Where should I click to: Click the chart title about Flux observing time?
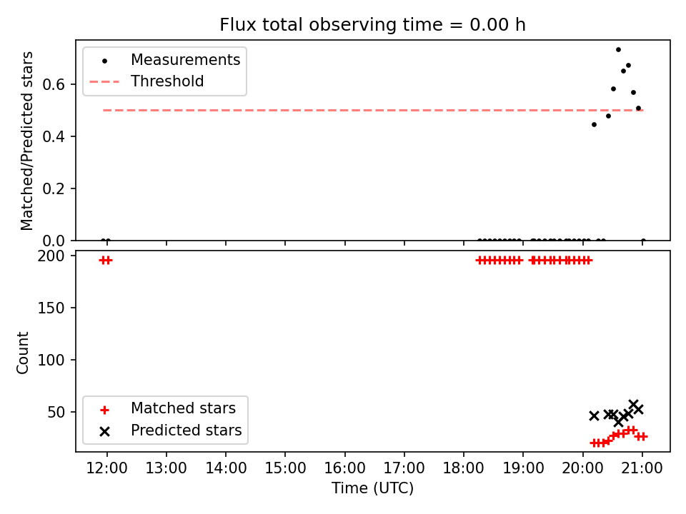[x=372, y=25]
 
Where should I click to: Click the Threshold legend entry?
[x=146, y=81]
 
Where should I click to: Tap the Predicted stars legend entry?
[x=171, y=430]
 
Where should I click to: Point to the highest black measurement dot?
[x=618, y=50]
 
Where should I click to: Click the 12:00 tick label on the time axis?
[x=106, y=468]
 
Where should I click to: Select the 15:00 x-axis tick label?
[x=285, y=468]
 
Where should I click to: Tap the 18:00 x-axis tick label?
[x=464, y=468]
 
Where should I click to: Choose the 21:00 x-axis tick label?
[x=642, y=468]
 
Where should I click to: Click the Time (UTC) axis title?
[x=372, y=488]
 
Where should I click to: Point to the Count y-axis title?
[x=22, y=353]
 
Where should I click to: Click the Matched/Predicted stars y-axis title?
[x=26, y=141]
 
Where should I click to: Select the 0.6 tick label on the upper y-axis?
[x=54, y=84]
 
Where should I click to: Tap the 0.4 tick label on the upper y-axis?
[x=54, y=136]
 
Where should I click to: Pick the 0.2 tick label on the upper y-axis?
[x=54, y=188]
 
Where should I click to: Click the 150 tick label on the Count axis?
[x=51, y=308]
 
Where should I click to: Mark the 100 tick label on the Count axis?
[x=51, y=360]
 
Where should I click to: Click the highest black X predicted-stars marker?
[x=634, y=404]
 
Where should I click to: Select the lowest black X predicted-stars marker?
[x=618, y=422]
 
